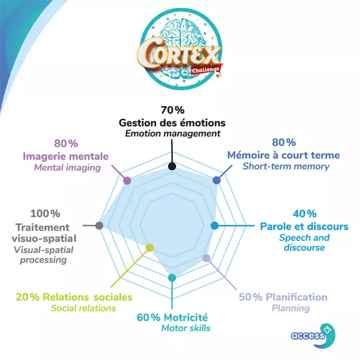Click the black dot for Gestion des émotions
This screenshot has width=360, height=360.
tap(172, 166)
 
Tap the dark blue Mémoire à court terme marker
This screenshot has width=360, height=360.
tap(217, 180)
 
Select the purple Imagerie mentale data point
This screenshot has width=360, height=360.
tap(127, 181)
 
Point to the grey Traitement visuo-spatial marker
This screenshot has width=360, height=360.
tap(99, 226)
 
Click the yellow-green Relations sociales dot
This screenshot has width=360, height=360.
tap(149, 248)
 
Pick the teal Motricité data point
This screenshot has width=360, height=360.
tap(172, 278)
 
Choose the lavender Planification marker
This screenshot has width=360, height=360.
tap(206, 258)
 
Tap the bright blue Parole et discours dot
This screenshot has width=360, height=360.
tap(215, 226)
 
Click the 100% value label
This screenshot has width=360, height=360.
tap(45, 214)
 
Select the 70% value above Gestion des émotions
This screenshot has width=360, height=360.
tap(172, 110)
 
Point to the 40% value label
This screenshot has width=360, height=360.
tap(305, 214)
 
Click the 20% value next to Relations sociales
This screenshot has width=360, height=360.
tap(28, 297)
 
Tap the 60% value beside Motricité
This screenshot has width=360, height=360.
tap(149, 318)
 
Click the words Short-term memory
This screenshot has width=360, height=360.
tap(286, 166)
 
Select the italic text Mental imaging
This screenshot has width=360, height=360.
tap(67, 168)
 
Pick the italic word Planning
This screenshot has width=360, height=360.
tap(290, 308)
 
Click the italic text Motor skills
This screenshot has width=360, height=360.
tap(186, 328)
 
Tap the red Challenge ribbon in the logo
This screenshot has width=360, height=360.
tap(206, 70)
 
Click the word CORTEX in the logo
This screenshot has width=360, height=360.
tap(178, 53)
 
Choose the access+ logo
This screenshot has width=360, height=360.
tap(313, 335)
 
